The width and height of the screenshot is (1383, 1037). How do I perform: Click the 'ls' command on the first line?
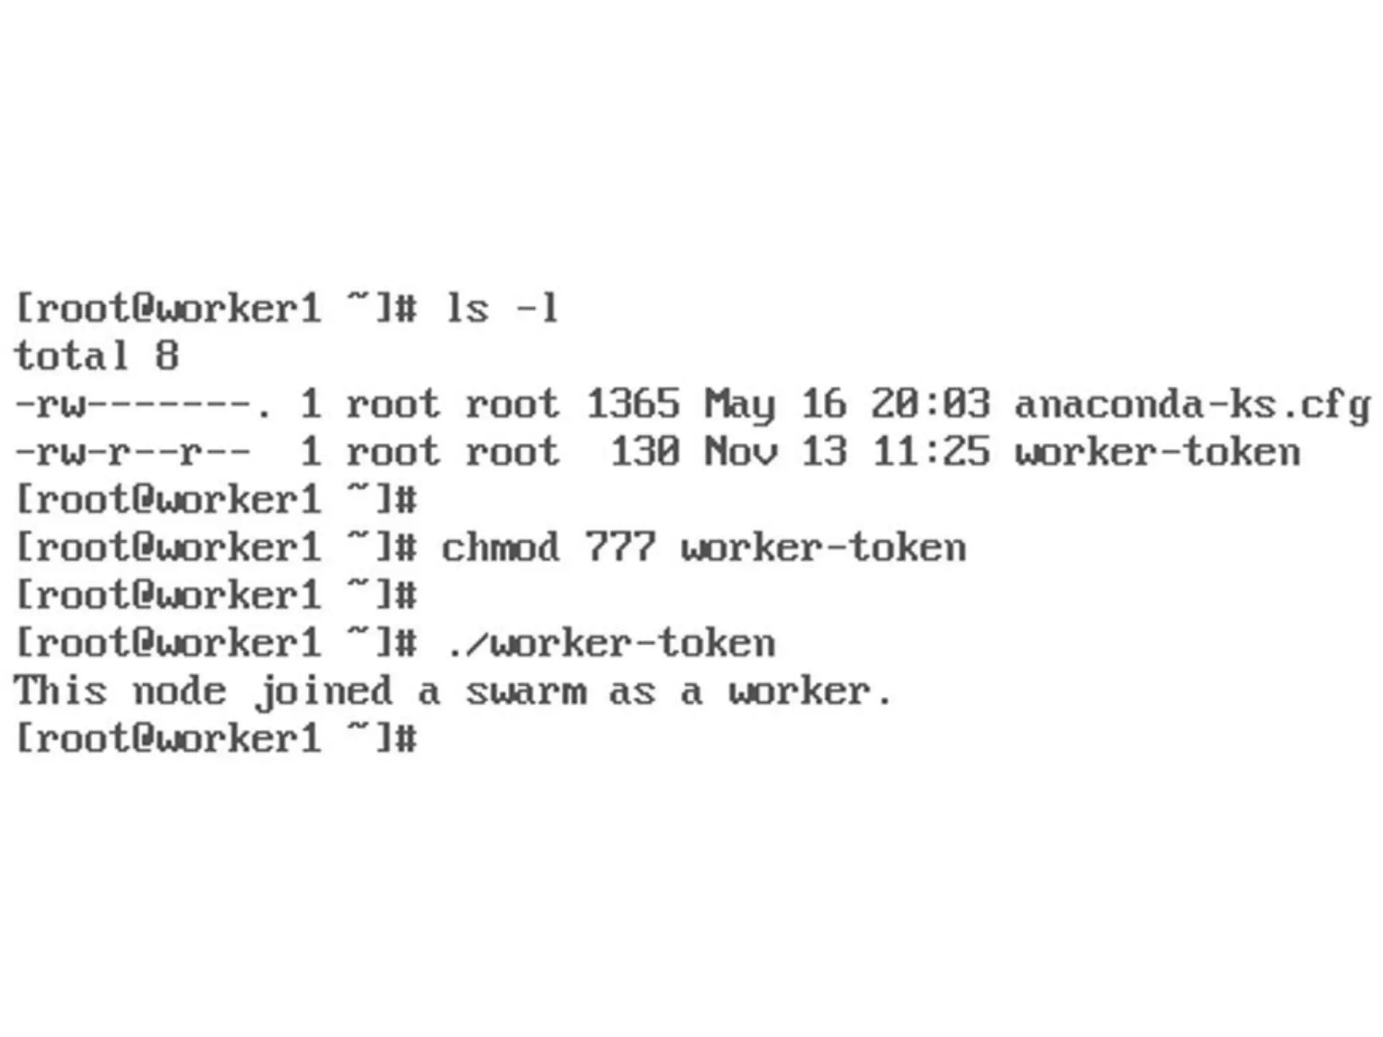467,309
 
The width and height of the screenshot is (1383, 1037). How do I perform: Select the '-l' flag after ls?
538,309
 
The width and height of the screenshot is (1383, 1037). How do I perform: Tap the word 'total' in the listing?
72,356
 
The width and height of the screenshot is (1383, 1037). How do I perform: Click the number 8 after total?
167,356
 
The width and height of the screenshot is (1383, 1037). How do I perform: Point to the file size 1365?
633,404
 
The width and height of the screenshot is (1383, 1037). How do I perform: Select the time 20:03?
931,404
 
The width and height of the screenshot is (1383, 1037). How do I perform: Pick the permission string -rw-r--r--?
132,452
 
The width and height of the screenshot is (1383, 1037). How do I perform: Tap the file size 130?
645,452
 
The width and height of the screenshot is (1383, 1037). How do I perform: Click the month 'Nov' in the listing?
740,452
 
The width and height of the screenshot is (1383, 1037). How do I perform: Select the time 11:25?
931,452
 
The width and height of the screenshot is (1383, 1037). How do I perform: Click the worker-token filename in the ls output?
1157,452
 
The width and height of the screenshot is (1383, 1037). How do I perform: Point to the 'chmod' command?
500,548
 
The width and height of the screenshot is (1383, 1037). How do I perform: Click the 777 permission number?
620,548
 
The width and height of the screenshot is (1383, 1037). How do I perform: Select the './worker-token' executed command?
611,643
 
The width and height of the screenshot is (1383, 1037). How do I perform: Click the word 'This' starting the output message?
61,691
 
